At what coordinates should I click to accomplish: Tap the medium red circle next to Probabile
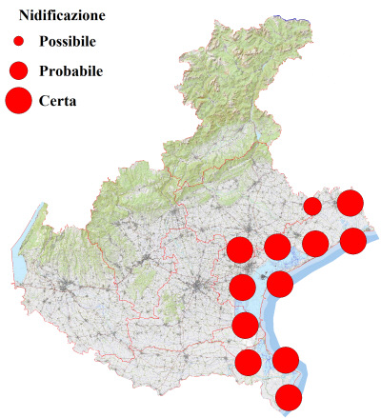(19, 70)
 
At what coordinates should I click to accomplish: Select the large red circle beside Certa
(19, 100)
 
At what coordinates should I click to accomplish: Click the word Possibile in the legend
(68, 42)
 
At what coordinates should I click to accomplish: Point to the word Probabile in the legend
(71, 71)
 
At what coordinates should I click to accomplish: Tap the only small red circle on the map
(311, 207)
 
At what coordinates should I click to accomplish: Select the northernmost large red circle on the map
(350, 202)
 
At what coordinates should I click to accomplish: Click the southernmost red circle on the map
(289, 397)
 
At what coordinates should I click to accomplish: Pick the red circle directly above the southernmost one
(286, 360)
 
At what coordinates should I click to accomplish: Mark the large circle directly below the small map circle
(315, 244)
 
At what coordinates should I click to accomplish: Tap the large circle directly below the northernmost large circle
(352, 240)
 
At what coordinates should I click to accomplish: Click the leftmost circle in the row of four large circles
(240, 250)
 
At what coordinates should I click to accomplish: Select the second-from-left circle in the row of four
(277, 248)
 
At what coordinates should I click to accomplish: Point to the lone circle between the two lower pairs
(246, 325)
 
